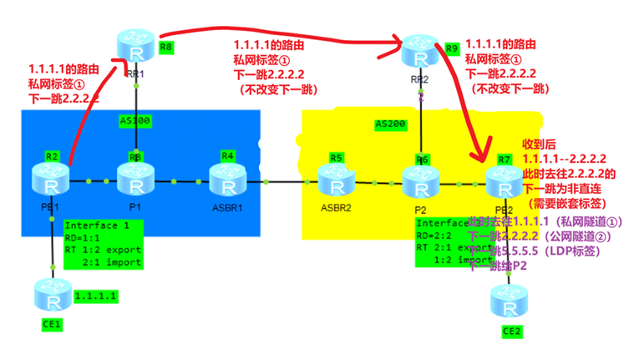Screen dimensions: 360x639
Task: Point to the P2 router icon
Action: pyautogui.click(x=418, y=181)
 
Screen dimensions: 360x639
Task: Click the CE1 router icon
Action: pyautogui.click(x=50, y=296)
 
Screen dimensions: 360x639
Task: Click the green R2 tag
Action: pyautogui.click(x=51, y=155)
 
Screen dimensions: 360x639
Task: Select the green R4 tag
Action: pyautogui.click(x=227, y=155)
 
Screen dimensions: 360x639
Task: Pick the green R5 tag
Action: pyautogui.click(x=337, y=157)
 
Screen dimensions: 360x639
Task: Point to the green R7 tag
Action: pyautogui.click(x=504, y=158)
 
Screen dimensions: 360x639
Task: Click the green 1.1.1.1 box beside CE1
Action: pyautogui.click(x=94, y=297)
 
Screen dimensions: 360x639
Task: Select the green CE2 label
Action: pyautogui.click(x=511, y=332)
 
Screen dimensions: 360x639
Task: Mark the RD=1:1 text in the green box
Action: pyautogui.click(x=84, y=238)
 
